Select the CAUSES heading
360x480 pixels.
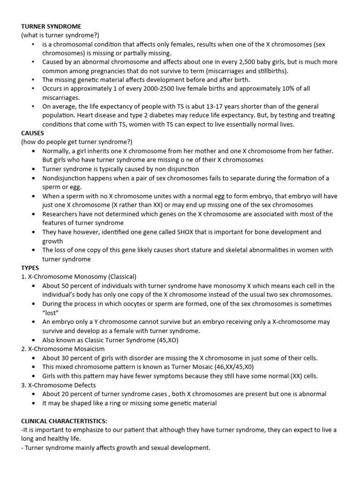coord(32,133)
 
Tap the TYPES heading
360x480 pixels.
coord(30,268)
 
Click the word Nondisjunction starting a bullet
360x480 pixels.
coord(64,178)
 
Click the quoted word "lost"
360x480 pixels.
coord(50,313)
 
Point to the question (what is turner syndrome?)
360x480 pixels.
coord(60,35)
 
